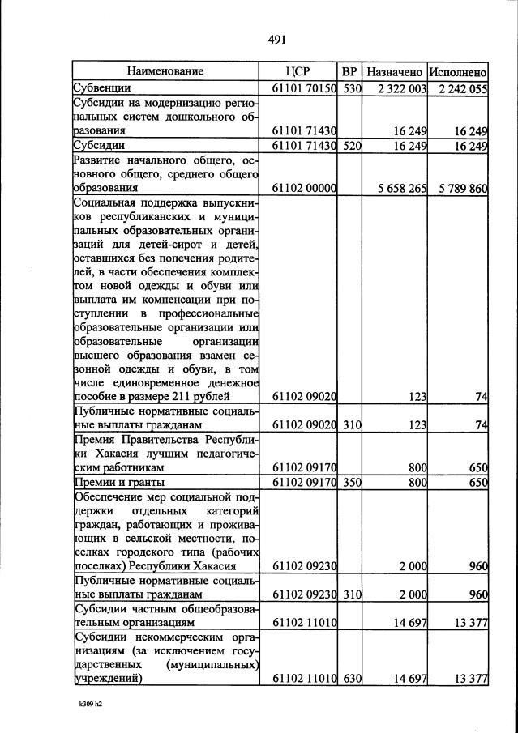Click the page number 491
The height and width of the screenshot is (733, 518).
[277, 38]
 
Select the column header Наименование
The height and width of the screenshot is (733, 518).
[165, 71]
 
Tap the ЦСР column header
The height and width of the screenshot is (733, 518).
[298, 71]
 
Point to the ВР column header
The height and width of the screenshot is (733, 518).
[349, 71]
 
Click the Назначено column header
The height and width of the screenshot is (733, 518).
[394, 71]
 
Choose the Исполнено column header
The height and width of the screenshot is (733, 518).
[458, 71]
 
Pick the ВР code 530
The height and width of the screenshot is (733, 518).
[350, 88]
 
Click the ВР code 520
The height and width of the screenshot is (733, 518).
[350, 146]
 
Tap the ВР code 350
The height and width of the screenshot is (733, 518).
[350, 483]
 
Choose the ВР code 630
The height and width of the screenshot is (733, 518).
[350, 679]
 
